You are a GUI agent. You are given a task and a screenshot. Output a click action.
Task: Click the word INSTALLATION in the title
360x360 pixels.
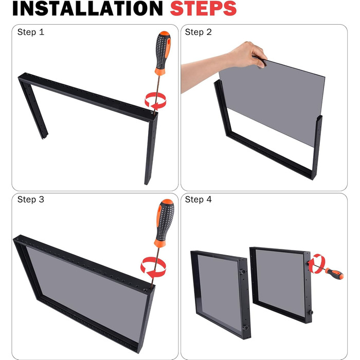tap(87, 9)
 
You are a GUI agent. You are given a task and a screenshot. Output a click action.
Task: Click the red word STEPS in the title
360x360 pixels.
tap(203, 9)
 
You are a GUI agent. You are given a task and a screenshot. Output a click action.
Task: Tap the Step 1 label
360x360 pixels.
tap(30, 32)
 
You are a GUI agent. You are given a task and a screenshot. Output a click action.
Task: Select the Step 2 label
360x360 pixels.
tap(198, 32)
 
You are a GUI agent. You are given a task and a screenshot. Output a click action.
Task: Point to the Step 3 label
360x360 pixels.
tap(30, 200)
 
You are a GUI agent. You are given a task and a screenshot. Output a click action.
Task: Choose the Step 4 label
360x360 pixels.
tap(198, 200)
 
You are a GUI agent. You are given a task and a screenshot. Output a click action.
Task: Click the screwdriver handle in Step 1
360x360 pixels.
tap(163, 53)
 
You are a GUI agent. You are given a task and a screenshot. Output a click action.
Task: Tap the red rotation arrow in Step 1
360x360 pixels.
tap(155, 101)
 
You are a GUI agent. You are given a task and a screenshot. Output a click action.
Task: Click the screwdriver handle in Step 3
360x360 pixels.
tap(165, 223)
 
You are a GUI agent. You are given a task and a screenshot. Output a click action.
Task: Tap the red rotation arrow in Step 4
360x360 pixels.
tap(316, 263)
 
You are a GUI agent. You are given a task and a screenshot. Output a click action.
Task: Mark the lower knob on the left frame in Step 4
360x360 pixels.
tap(245, 328)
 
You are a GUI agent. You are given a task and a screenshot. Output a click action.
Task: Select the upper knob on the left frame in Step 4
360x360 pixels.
tap(243, 272)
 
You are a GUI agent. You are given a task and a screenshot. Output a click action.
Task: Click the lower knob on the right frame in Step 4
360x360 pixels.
tap(311, 312)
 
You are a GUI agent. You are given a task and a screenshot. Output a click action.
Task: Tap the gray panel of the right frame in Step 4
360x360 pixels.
tap(281, 282)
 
